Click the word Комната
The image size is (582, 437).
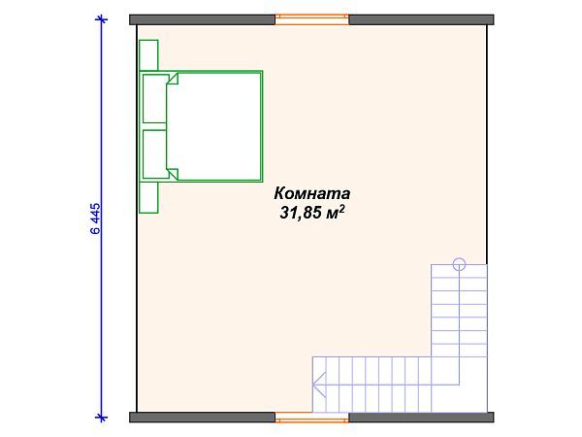click(311, 192)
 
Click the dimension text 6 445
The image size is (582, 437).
click(95, 218)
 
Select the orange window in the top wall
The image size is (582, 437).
click(312, 17)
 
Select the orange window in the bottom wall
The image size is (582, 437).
click(312, 418)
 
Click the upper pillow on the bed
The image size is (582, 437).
click(154, 98)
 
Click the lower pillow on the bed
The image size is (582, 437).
click(154, 154)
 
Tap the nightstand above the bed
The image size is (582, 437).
click(148, 55)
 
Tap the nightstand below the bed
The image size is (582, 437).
click(148, 197)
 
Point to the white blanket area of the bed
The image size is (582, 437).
click(218, 126)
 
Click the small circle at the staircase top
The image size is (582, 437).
click(459, 263)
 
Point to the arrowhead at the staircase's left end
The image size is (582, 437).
click(315, 385)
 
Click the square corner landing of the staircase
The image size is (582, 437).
click(459, 385)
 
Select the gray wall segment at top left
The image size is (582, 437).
click(203, 17)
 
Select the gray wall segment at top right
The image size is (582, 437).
click(420, 17)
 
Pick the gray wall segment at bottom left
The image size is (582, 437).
click(203, 418)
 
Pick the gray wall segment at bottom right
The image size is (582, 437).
click(420, 418)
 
